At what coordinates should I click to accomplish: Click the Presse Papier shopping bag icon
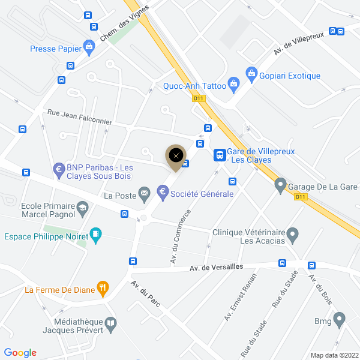(x=89, y=46)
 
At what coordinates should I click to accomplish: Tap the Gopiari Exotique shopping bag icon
(x=252, y=76)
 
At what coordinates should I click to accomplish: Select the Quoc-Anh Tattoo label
(x=194, y=86)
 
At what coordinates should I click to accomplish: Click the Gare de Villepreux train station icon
(x=220, y=155)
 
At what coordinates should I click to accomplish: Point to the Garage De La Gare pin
(x=280, y=186)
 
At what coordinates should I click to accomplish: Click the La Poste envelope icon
(x=145, y=193)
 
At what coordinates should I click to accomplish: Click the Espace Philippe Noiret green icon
(x=95, y=236)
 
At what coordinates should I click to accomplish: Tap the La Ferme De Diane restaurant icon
(x=103, y=290)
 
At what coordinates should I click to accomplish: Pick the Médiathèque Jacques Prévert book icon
(x=111, y=325)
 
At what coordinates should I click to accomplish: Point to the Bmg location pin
(x=339, y=320)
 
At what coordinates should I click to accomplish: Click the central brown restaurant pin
(x=176, y=157)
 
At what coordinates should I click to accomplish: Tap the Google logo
(x=20, y=353)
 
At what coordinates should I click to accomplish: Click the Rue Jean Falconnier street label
(x=79, y=116)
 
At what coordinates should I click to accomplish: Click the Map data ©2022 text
(x=333, y=355)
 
